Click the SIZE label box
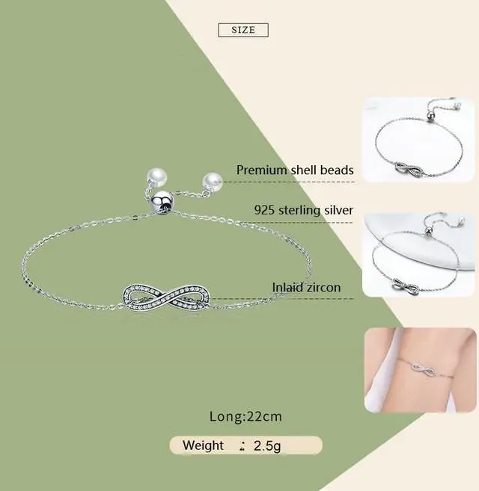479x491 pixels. coord(242,30)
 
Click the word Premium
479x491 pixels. coord(262,170)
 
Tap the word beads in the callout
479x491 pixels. coord(337,170)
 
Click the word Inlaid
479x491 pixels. coord(288,288)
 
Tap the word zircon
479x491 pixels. coord(323,288)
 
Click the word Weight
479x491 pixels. coord(204,445)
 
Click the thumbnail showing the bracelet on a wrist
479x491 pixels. coord(419,371)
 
